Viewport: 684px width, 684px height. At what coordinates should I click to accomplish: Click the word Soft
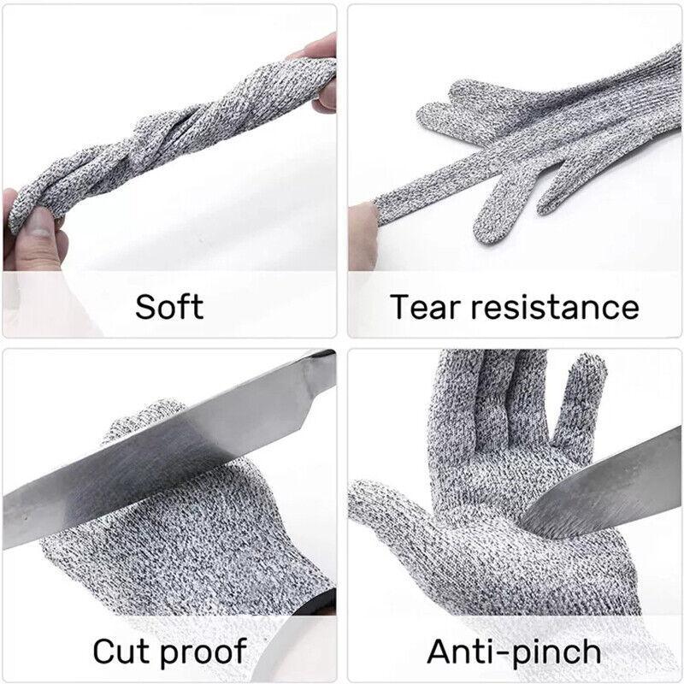tap(169, 306)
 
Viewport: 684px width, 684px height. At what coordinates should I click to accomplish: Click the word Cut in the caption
tap(122, 651)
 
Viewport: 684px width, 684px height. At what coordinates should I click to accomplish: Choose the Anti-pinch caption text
tap(514, 651)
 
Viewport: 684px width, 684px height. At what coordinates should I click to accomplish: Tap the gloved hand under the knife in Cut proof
tap(197, 530)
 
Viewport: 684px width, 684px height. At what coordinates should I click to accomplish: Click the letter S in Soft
tap(144, 306)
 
